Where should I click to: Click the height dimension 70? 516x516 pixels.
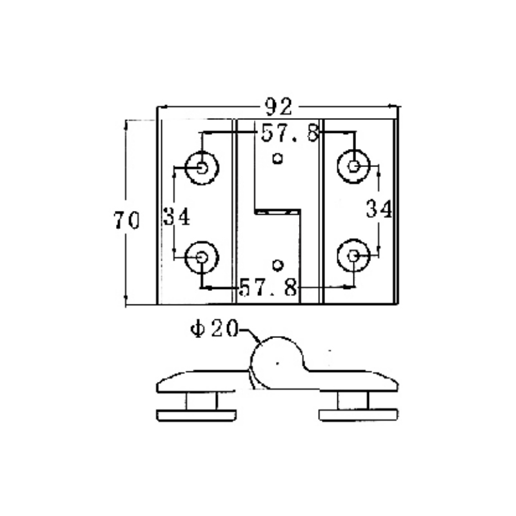coord(126,221)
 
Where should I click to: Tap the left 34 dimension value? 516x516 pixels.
coord(175,216)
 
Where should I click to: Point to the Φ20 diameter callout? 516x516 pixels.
coord(213,328)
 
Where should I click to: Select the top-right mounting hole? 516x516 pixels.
coord(353,166)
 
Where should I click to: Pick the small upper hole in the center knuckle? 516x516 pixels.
coord(278,157)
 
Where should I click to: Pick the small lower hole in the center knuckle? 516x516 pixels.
coord(278,264)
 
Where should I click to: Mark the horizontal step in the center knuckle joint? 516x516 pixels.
coord(277,210)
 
